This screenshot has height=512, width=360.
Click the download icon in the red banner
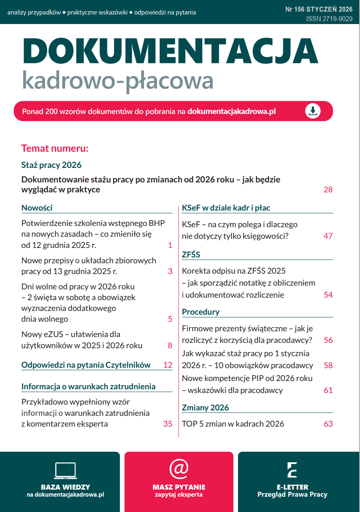click(313, 111)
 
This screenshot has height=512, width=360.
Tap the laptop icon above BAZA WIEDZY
click(65, 470)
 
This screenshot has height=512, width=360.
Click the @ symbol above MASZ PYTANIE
click(179, 469)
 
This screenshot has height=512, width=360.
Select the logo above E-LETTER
click(292, 470)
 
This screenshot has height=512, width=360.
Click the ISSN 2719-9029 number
click(329, 19)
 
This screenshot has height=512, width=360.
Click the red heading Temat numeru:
click(55, 148)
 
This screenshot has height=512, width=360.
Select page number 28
click(328, 190)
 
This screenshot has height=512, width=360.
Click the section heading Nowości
click(37, 208)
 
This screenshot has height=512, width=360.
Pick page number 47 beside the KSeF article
click(328, 236)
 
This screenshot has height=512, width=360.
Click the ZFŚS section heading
click(191, 255)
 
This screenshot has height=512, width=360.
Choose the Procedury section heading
click(201, 312)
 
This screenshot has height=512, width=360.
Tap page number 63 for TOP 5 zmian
click(328, 424)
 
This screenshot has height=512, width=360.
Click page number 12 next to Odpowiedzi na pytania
click(168, 365)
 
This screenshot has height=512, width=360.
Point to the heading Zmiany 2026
click(205, 408)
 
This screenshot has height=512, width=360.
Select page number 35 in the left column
click(168, 424)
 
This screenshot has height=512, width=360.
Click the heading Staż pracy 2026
click(51, 165)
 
